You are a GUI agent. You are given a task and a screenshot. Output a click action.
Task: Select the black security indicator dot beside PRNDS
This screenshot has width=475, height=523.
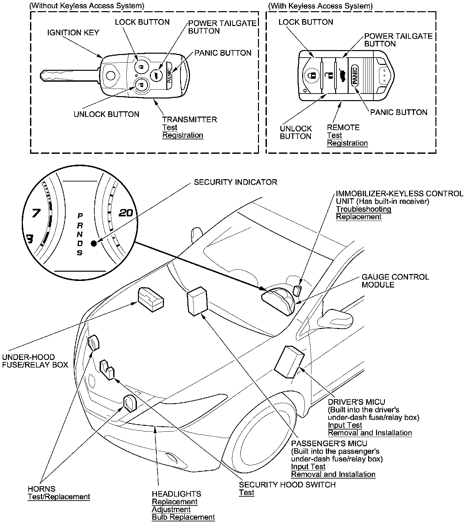[x=94, y=244]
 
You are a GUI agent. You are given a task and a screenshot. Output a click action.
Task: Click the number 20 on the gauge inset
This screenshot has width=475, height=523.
[x=126, y=213]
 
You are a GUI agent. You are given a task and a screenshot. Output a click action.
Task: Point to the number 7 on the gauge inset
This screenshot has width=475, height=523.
[x=35, y=214]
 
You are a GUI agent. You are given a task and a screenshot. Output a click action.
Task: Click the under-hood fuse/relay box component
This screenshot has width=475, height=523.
[x=150, y=299]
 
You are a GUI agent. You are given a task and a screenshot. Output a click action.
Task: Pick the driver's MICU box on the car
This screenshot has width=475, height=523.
[x=289, y=361]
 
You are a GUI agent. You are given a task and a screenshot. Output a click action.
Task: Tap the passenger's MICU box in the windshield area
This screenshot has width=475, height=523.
[x=197, y=301]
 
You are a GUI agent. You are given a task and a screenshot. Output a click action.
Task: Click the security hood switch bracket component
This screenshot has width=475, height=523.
[x=107, y=370]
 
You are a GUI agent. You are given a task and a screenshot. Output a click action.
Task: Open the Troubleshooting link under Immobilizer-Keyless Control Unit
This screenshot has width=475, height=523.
[x=364, y=209]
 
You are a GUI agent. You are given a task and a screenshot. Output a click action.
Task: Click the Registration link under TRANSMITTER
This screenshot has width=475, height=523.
[x=183, y=135]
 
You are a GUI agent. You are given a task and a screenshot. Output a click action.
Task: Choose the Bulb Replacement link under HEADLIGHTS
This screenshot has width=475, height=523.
[x=183, y=517]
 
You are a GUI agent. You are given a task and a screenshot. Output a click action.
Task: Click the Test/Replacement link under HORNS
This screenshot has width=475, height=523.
[x=59, y=497]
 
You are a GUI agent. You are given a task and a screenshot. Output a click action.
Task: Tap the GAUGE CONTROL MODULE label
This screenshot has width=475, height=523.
[x=395, y=281]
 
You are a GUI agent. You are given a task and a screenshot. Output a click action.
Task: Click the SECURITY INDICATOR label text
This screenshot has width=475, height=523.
[x=236, y=182]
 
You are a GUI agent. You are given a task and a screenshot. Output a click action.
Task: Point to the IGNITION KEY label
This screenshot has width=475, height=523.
[x=73, y=33]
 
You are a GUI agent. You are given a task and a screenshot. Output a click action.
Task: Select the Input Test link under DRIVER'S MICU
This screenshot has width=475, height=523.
[x=345, y=425]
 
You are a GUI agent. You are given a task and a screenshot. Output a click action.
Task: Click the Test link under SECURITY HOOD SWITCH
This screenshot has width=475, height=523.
[x=246, y=493]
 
